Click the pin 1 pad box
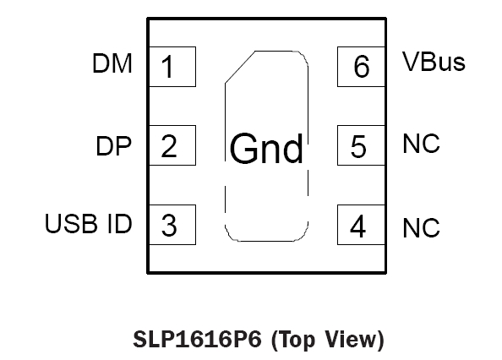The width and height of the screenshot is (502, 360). (172, 67)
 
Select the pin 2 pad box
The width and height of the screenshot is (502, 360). (172, 145)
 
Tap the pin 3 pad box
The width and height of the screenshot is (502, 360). (172, 225)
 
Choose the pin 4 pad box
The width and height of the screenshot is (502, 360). (361, 225)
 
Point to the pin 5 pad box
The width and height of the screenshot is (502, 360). (361, 145)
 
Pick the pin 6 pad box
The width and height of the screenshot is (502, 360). (361, 67)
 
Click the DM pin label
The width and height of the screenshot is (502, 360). (112, 63)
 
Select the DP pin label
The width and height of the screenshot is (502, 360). (113, 146)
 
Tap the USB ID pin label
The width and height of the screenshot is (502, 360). (89, 223)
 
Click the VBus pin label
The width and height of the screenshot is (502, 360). (434, 62)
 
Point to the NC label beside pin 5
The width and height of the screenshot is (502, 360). (422, 144)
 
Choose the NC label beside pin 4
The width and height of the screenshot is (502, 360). (422, 228)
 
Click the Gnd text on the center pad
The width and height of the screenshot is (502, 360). (266, 149)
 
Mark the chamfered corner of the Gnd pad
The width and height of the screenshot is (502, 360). (240, 67)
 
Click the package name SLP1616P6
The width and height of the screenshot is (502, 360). (197, 339)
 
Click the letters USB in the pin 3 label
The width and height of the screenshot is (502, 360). (71, 223)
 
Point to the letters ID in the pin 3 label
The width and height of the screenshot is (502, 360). (120, 223)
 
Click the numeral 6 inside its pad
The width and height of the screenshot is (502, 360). (362, 67)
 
